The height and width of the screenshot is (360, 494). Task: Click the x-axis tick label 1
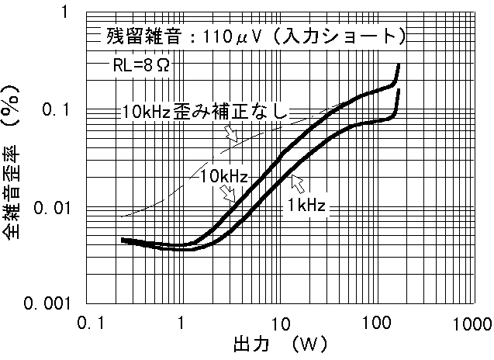point(181,322)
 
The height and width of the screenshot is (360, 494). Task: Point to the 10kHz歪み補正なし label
point(205,112)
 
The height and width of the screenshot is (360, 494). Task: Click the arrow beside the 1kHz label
point(297,183)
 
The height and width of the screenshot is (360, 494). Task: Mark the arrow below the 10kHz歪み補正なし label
point(230,133)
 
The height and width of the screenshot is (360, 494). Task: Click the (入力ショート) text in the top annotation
point(341,36)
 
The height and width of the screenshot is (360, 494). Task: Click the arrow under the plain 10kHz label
point(230,196)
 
